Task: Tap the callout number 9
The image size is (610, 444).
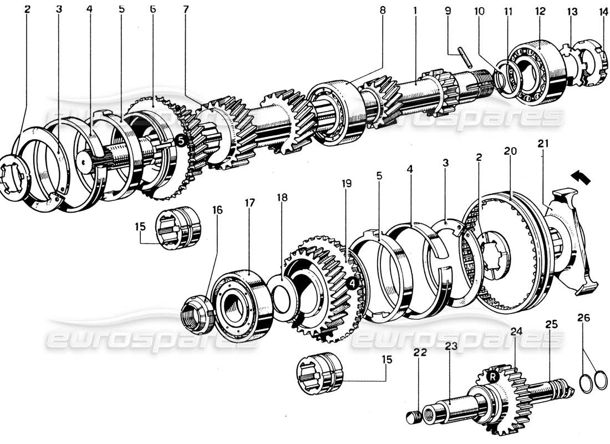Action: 449,10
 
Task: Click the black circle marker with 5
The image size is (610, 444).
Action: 181,141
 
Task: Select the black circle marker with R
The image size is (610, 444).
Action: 491,376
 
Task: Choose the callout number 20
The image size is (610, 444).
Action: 510,152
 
